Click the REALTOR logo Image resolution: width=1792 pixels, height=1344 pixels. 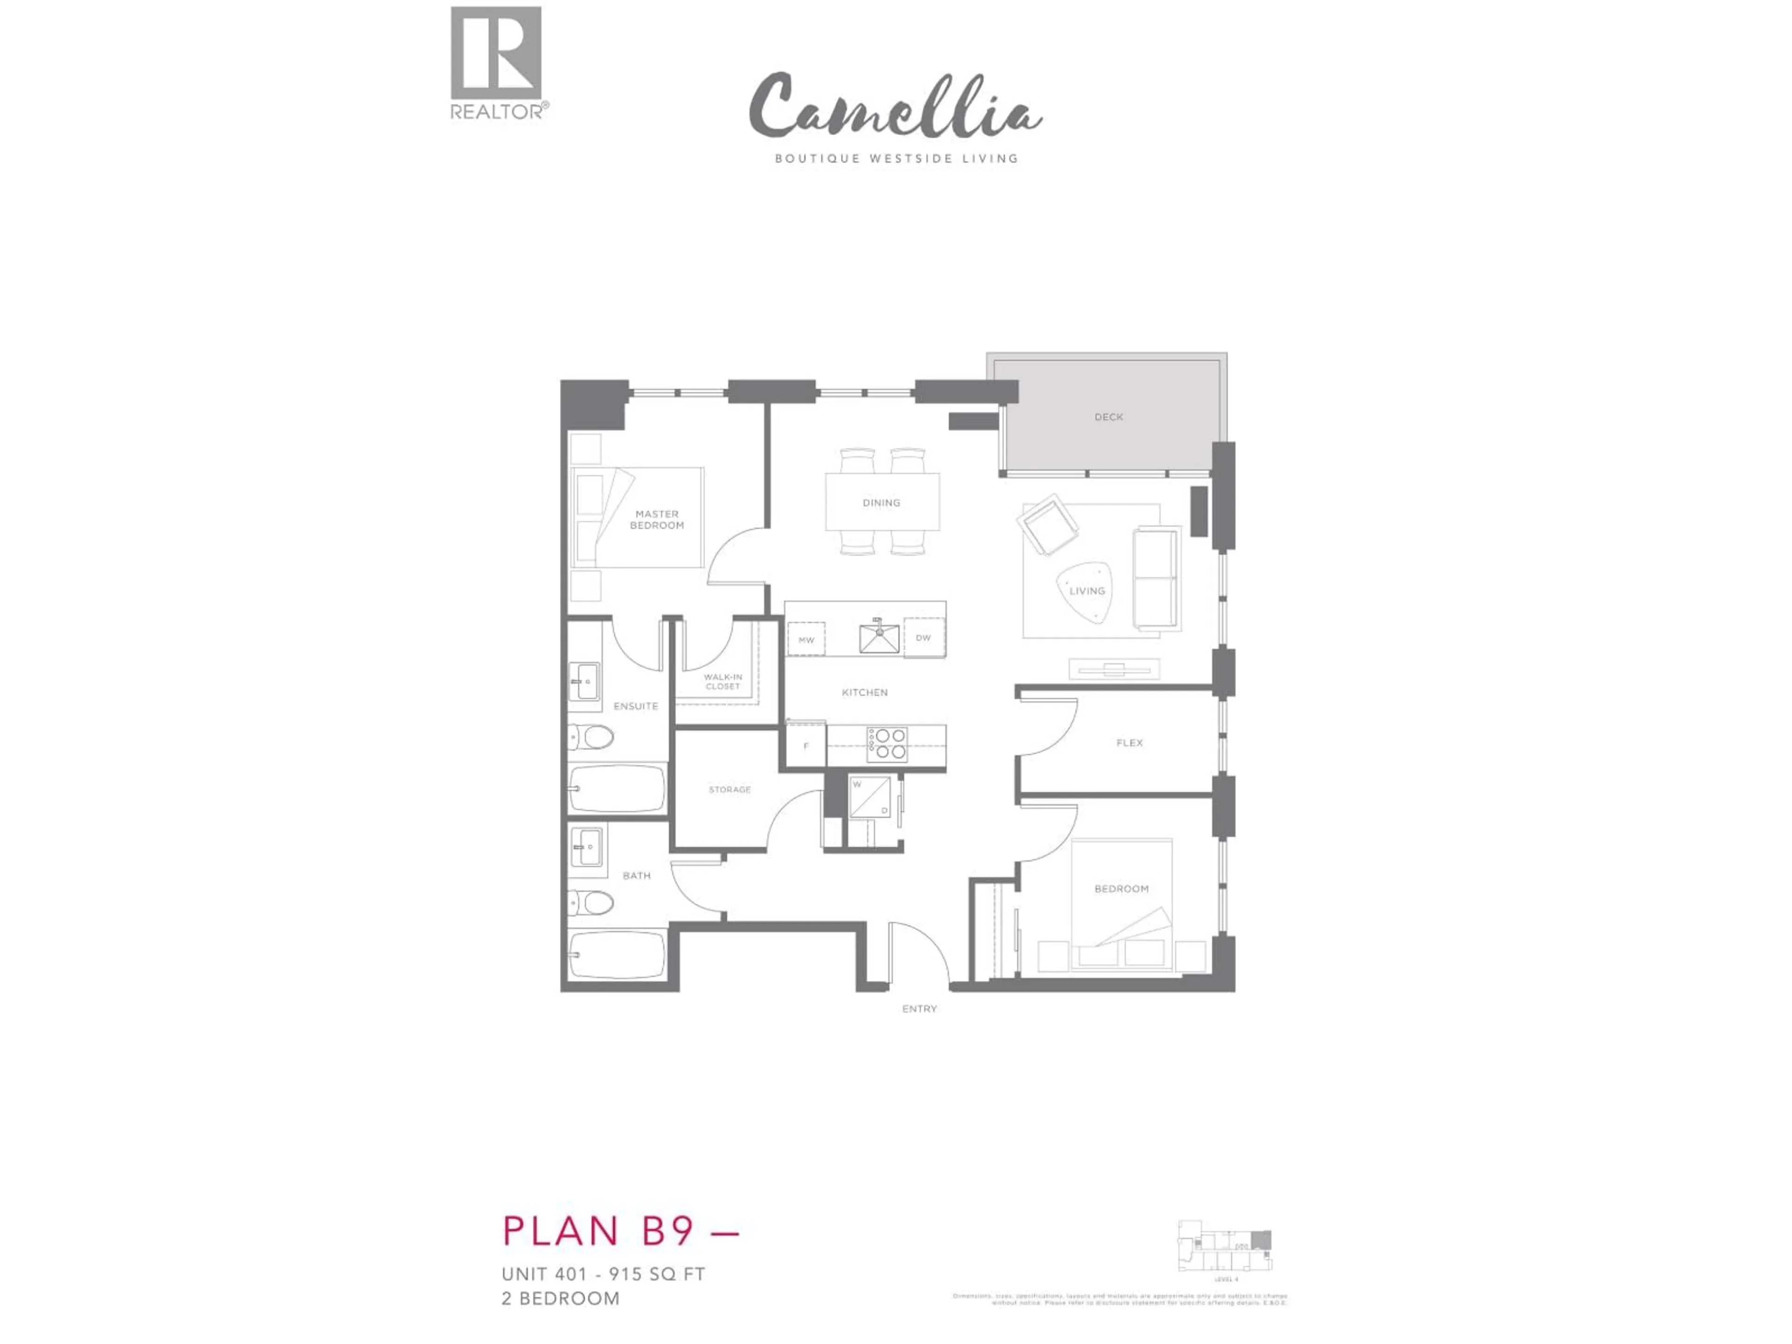[x=497, y=63]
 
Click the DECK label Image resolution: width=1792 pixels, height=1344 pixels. [x=1108, y=417]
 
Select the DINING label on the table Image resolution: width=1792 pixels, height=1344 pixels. [x=882, y=503]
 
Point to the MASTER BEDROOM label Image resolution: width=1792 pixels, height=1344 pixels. [x=657, y=519]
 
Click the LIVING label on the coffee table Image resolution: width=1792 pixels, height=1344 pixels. [x=1086, y=591]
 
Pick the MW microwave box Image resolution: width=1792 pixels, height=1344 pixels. [x=806, y=640]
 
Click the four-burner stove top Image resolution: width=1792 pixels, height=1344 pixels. [x=887, y=744]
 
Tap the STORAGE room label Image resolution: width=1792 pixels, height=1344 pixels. [x=730, y=790]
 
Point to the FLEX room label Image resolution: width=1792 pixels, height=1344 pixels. [x=1129, y=743]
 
